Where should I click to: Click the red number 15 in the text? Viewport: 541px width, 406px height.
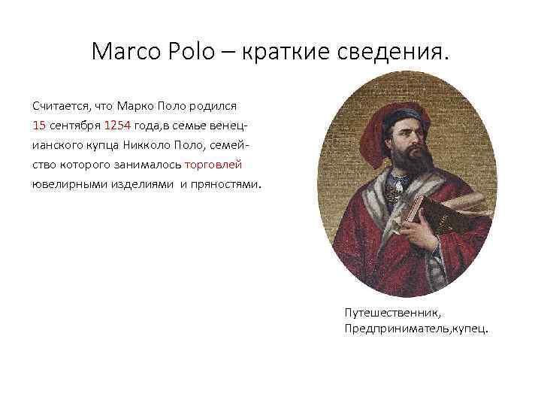pyautogui.click(x=39, y=124)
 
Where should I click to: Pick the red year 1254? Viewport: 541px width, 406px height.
pyautogui.click(x=116, y=124)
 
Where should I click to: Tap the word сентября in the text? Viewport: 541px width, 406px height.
pyautogui.click(x=74, y=124)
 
